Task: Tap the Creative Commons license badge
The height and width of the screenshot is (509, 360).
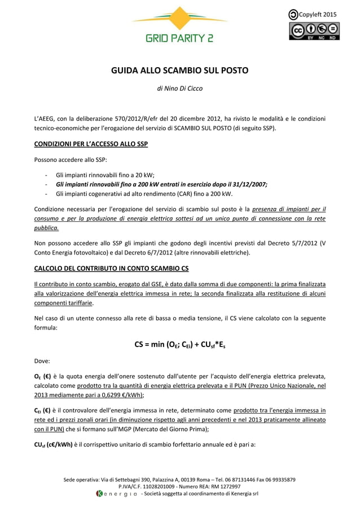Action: pyautogui.click(x=314, y=30)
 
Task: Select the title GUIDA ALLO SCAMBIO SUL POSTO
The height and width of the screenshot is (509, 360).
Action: pyautogui.click(x=179, y=71)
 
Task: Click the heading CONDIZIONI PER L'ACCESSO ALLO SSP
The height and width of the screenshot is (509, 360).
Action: pyautogui.click(x=90, y=144)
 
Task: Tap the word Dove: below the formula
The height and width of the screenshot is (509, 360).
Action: pyautogui.click(x=42, y=359)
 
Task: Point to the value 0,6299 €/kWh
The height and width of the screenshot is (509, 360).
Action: pyautogui.click(x=120, y=395)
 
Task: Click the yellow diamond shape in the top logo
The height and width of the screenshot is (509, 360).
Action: pyautogui.click(x=179, y=19)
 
